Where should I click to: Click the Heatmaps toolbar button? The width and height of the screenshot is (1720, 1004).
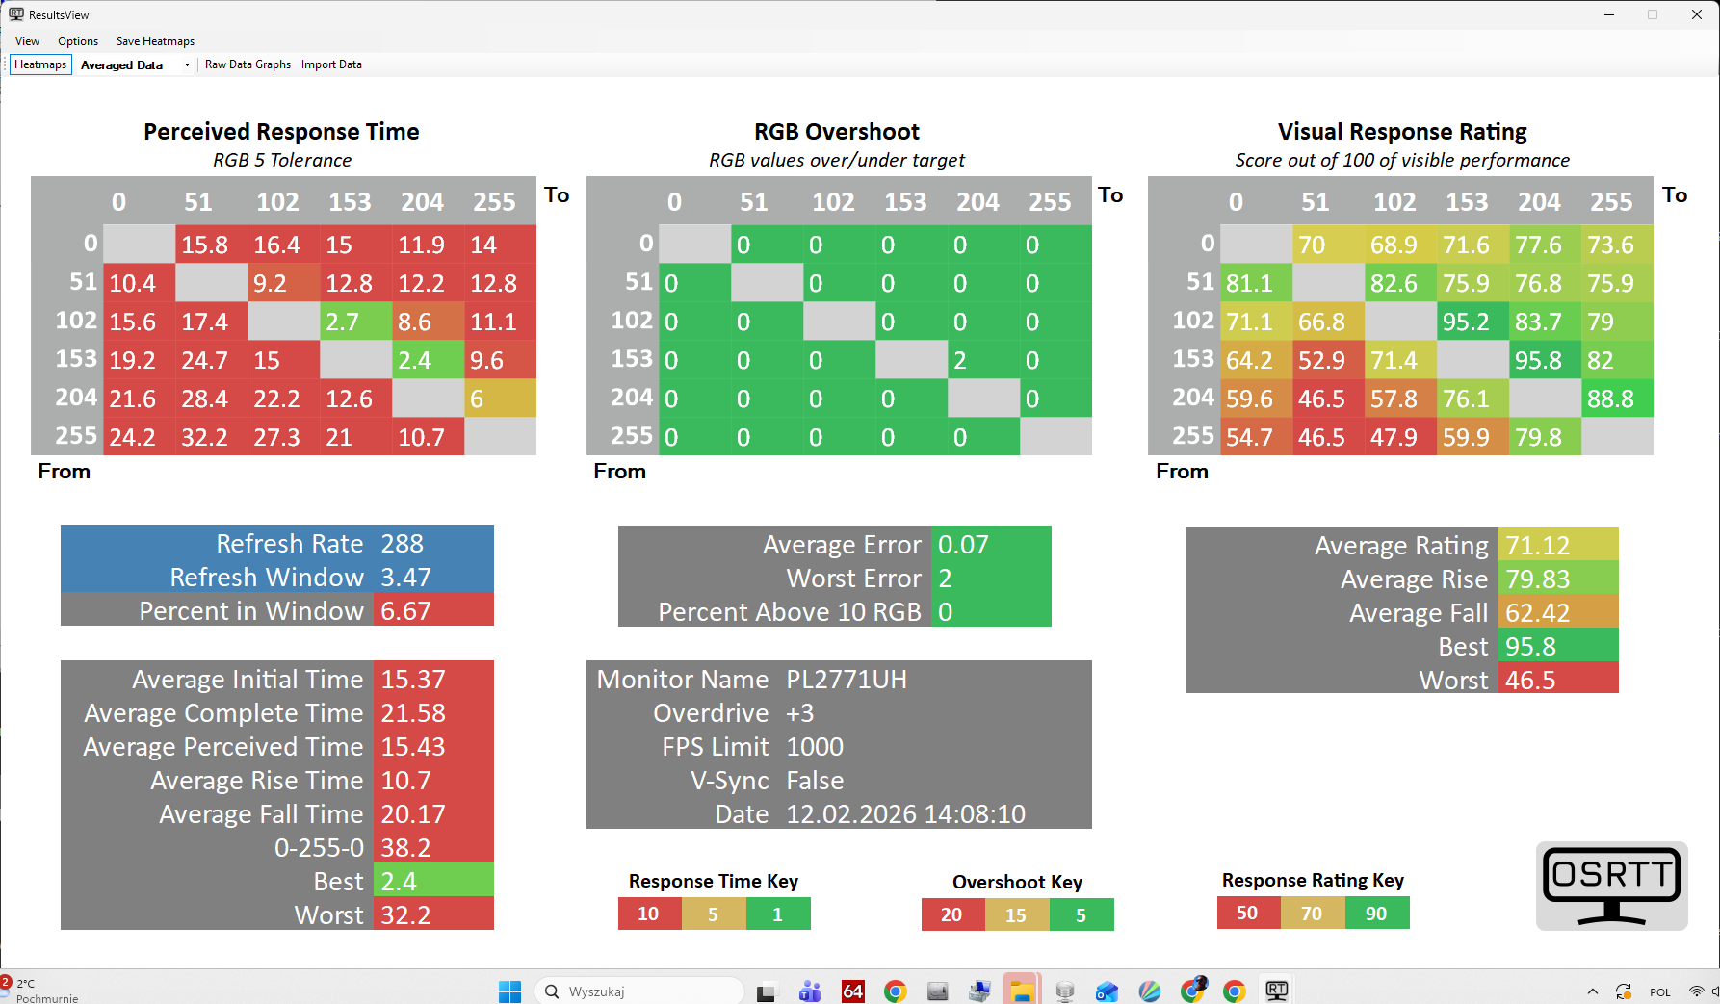coord(40,64)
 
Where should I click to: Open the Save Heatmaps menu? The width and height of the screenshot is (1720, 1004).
coord(155,41)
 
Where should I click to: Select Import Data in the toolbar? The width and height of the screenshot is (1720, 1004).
coord(331,64)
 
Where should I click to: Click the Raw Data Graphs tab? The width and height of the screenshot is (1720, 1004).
coord(248,64)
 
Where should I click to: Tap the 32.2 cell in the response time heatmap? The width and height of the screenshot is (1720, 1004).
coord(211,437)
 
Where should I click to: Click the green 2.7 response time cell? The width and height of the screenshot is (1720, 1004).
coord(355,322)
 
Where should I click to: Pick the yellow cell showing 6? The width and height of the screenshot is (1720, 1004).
coord(500,399)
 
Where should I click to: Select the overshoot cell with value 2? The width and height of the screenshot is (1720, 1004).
coord(983,360)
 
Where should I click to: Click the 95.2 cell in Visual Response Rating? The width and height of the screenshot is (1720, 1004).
coord(1472,322)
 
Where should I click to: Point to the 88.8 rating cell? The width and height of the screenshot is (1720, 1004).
coord(1616,399)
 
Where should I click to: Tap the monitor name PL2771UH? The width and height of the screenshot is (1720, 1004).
coord(847,680)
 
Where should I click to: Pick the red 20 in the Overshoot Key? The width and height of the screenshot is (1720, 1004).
coord(951,914)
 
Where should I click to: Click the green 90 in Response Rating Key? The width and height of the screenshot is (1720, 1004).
coord(1376,914)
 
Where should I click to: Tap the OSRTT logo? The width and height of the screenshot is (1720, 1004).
coord(1611,886)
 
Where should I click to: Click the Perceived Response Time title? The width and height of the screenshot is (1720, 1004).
coord(281,132)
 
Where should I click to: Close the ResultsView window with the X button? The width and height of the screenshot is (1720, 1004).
coord(1696,14)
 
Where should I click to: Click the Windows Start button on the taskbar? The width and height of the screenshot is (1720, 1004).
coord(509,991)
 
